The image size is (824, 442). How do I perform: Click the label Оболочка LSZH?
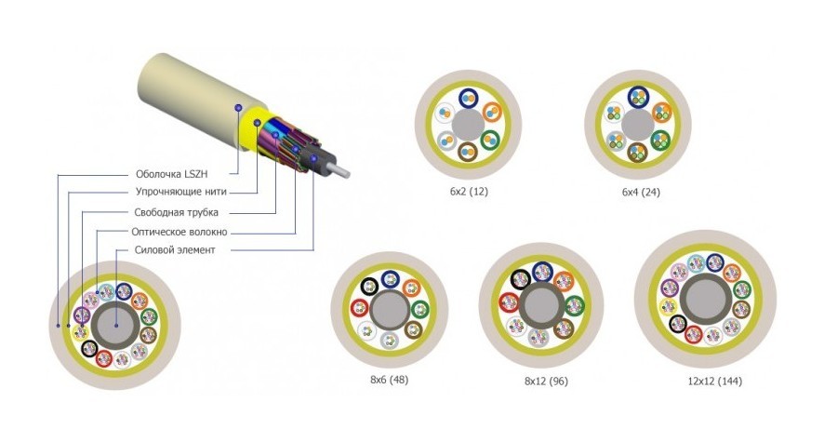(181, 173)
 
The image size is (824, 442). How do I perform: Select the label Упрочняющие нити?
(180, 193)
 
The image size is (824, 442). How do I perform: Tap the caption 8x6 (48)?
(390, 380)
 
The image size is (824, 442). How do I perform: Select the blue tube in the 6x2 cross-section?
(467, 98)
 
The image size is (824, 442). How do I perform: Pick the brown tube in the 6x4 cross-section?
(637, 151)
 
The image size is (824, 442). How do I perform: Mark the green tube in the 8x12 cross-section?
(574, 304)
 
